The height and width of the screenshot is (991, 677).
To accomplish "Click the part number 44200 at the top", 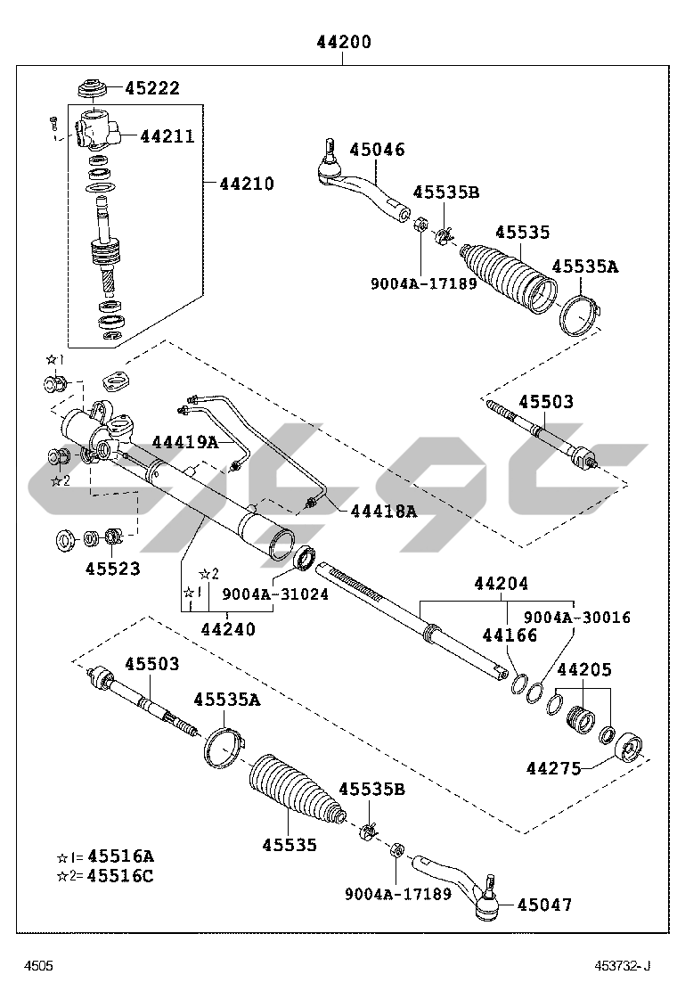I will pos(343,42).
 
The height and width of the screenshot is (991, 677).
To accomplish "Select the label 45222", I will pos(151,87).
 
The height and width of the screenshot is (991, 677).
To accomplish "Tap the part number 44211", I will pos(167,136).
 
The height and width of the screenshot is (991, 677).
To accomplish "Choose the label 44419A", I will pos(184,441).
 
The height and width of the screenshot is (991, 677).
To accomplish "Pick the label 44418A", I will pos(383,511).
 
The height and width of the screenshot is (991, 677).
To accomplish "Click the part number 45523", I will pos(113,568).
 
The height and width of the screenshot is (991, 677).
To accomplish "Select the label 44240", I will pos(227,629).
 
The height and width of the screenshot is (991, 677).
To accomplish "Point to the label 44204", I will pos(501,584).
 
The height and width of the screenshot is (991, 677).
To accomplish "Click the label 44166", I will pos(510,635).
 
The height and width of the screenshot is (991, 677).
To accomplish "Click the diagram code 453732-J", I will pos(624,966).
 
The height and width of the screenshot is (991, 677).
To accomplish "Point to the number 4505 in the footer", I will pos(38,966).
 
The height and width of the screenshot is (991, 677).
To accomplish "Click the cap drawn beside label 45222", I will pos(93,90).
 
